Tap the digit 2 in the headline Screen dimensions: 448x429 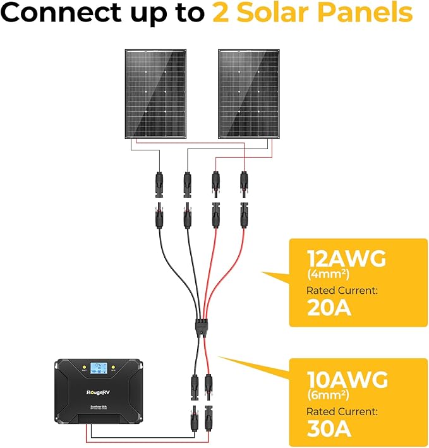click(x=221, y=13)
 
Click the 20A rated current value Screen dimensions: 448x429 click(x=329, y=308)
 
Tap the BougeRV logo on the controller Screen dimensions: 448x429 click(x=99, y=392)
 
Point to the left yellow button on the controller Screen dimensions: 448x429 click(x=82, y=366)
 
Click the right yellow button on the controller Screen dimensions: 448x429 click(x=113, y=366)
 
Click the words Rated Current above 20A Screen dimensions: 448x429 click(x=342, y=291)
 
